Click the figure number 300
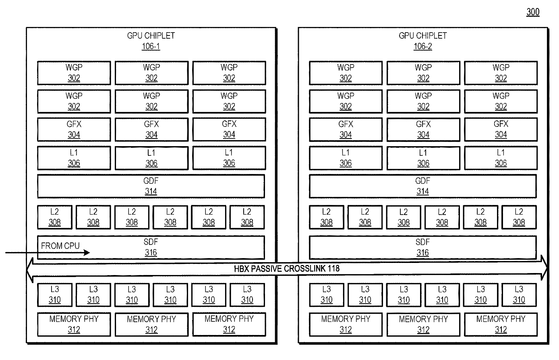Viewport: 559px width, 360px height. click(x=532, y=12)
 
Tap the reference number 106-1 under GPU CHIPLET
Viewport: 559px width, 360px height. click(x=151, y=46)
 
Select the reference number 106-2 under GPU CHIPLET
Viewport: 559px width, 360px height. click(x=422, y=46)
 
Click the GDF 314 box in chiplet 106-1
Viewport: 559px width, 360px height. click(x=151, y=186)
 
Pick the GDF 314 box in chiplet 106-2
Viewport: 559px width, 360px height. click(x=422, y=186)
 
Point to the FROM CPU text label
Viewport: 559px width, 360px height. click(x=60, y=245)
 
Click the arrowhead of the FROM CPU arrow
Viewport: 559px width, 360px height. click(x=87, y=253)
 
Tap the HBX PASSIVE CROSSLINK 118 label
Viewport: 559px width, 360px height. click(x=287, y=269)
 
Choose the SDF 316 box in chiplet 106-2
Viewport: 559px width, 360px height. click(x=422, y=247)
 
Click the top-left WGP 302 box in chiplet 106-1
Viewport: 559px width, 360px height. click(x=74, y=73)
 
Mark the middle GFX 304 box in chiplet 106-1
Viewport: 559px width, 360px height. click(x=151, y=129)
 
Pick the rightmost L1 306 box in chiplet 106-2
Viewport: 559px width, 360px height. click(x=501, y=158)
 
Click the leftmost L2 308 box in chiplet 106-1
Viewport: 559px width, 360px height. click(x=55, y=217)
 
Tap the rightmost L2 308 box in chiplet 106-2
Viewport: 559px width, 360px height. click(x=519, y=217)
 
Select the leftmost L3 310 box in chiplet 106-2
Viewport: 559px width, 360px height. click(x=327, y=295)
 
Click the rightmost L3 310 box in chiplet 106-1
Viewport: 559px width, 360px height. click(x=247, y=295)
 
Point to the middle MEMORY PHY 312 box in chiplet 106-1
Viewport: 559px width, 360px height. click(x=151, y=325)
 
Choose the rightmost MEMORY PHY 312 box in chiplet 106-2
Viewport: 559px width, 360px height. click(x=501, y=325)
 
